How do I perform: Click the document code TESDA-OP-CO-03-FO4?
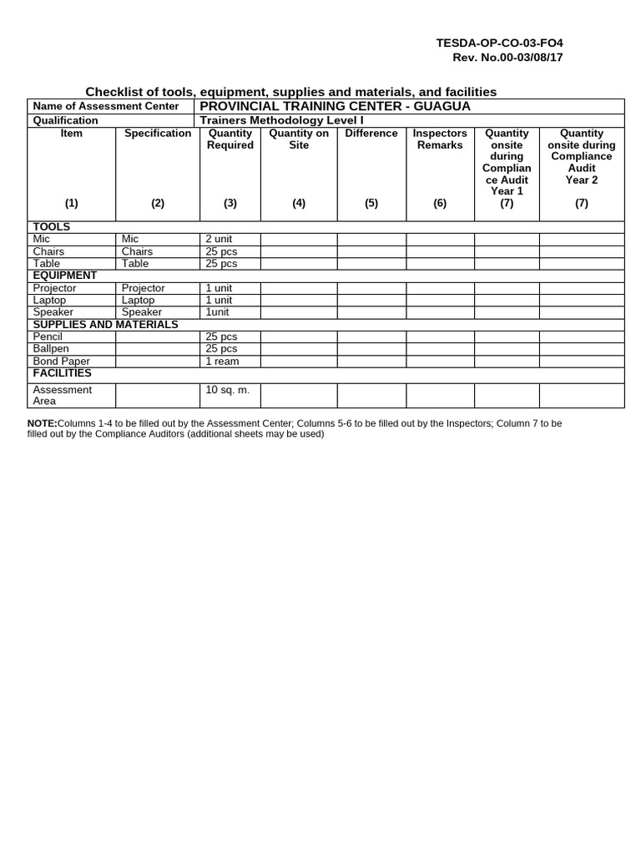[506, 43]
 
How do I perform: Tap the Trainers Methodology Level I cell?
[282, 120]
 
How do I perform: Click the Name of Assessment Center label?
[105, 106]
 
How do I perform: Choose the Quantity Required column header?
[230, 139]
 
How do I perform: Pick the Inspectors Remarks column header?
[440, 139]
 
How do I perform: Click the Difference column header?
[371, 134]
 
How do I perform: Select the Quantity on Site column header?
[299, 139]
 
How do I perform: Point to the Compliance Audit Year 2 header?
[581, 156]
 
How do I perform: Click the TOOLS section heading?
[51, 227]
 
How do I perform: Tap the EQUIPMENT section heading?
[64, 276]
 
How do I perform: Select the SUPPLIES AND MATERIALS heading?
[105, 324]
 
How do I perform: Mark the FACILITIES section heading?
[62, 373]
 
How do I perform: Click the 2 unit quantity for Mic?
[219, 240]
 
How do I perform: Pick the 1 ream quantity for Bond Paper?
[221, 361]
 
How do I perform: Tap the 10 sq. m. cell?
[227, 390]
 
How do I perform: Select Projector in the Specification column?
[144, 288]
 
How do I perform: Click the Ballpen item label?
[51, 348]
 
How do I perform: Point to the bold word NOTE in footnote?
[42, 423]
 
